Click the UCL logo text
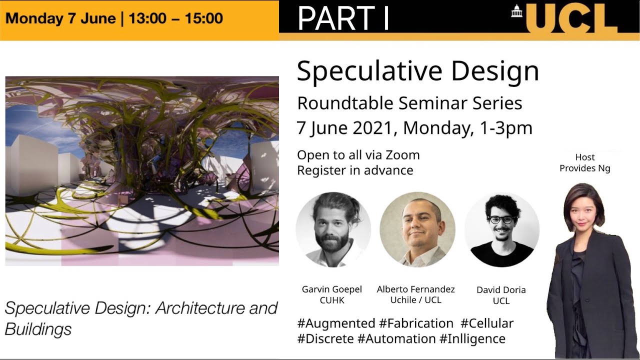(x=572, y=19)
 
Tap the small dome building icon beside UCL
(x=516, y=10)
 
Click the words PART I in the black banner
(x=343, y=18)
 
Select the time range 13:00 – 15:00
(x=175, y=18)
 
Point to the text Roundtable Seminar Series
(x=409, y=103)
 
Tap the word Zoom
(x=402, y=155)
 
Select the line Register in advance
(x=355, y=170)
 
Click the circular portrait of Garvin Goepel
(x=333, y=229)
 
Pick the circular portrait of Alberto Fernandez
(x=417, y=229)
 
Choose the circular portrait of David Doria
(x=501, y=229)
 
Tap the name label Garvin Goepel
(x=331, y=289)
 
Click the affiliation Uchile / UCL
(x=415, y=300)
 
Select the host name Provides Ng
(x=584, y=168)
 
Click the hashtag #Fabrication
(x=416, y=323)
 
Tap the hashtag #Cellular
(x=486, y=323)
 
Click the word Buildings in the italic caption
(x=38, y=329)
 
